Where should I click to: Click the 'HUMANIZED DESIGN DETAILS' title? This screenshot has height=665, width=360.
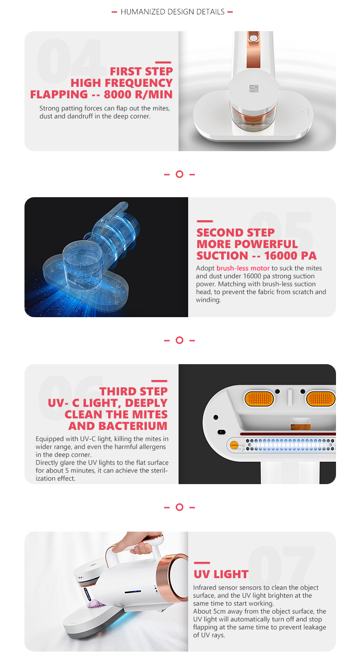172,12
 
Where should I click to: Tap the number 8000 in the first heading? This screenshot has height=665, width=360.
118,95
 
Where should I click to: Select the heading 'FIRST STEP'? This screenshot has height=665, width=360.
142,71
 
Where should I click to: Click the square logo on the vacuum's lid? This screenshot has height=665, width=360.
253,88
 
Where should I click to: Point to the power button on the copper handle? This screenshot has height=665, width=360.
253,38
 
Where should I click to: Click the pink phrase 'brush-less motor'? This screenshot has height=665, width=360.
243,268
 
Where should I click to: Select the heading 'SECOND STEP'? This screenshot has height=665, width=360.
236,232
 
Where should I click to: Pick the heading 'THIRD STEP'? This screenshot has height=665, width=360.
133,392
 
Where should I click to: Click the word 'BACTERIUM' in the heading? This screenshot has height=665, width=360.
133,426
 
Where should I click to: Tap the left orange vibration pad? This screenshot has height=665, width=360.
259,398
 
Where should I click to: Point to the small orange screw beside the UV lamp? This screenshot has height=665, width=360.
234,445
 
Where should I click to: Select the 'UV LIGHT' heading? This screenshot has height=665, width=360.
221,574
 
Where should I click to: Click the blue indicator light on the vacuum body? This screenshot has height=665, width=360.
133,592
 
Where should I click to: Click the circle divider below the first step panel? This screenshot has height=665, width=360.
180,174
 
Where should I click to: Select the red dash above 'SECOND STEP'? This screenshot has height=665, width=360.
204,221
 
